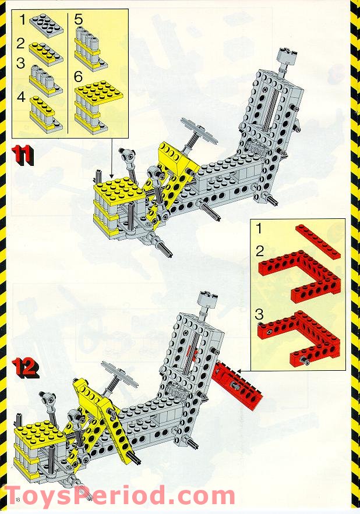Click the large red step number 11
(x=22, y=155)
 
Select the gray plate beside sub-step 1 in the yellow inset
(x=46, y=26)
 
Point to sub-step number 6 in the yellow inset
(x=78, y=77)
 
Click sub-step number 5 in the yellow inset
(x=78, y=19)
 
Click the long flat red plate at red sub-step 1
(x=317, y=242)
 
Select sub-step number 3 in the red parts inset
(x=259, y=314)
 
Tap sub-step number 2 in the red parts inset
(x=260, y=251)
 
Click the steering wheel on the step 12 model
(x=119, y=373)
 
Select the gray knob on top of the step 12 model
(x=207, y=300)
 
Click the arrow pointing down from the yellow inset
(x=112, y=159)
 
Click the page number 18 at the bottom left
(x=17, y=499)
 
